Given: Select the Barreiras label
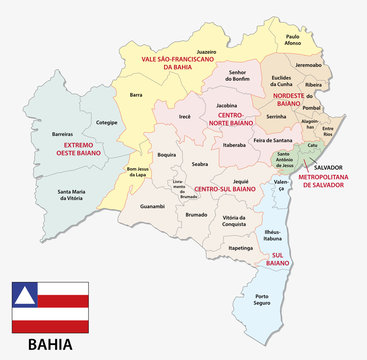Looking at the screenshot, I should pos(63,132).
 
